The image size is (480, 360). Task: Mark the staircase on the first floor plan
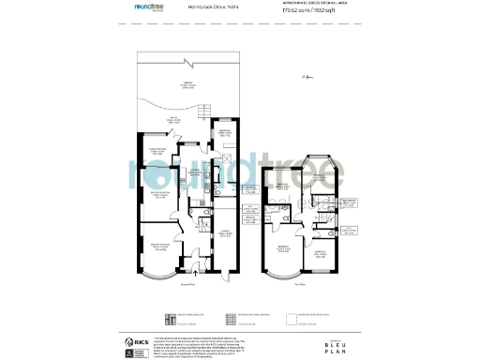click(322, 217)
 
